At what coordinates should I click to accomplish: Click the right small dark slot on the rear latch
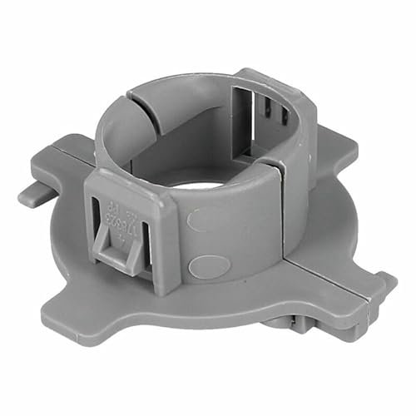click(x=268, y=125)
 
